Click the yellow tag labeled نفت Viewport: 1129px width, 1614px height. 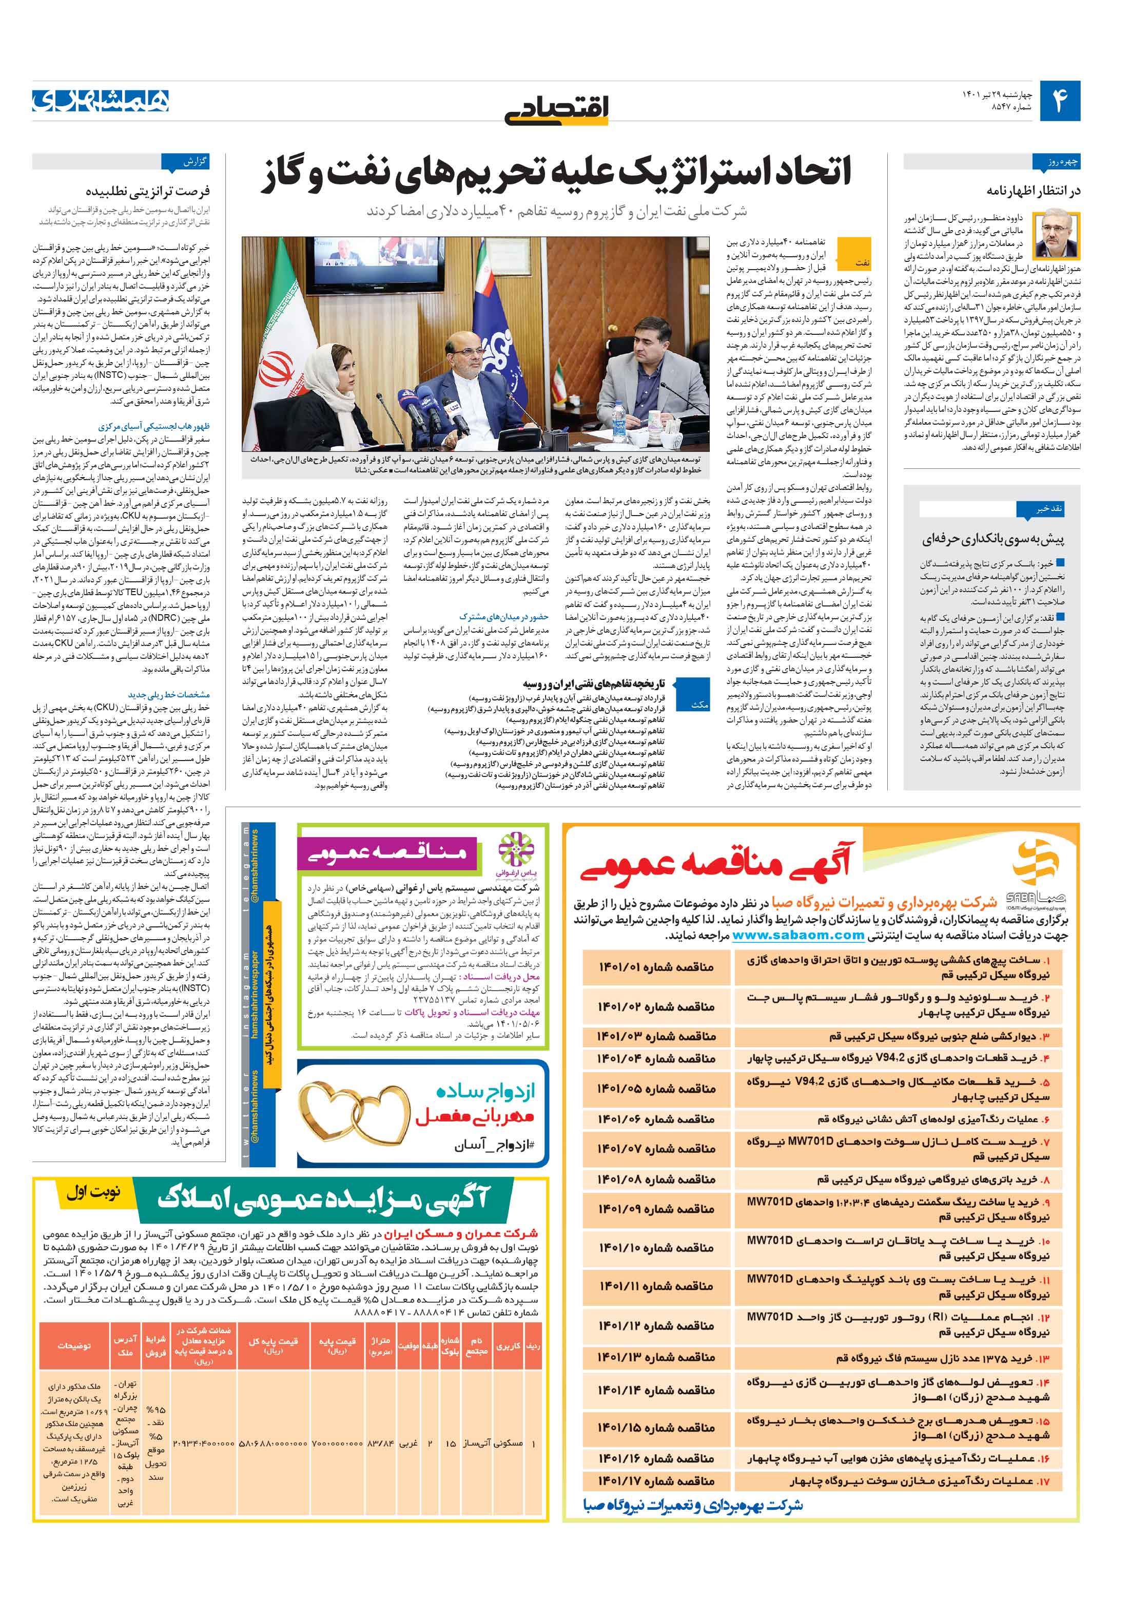pyautogui.click(x=861, y=262)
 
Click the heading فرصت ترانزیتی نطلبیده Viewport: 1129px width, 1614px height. pyautogui.click(x=147, y=191)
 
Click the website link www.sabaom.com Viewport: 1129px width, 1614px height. pyautogui.click(x=797, y=935)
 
